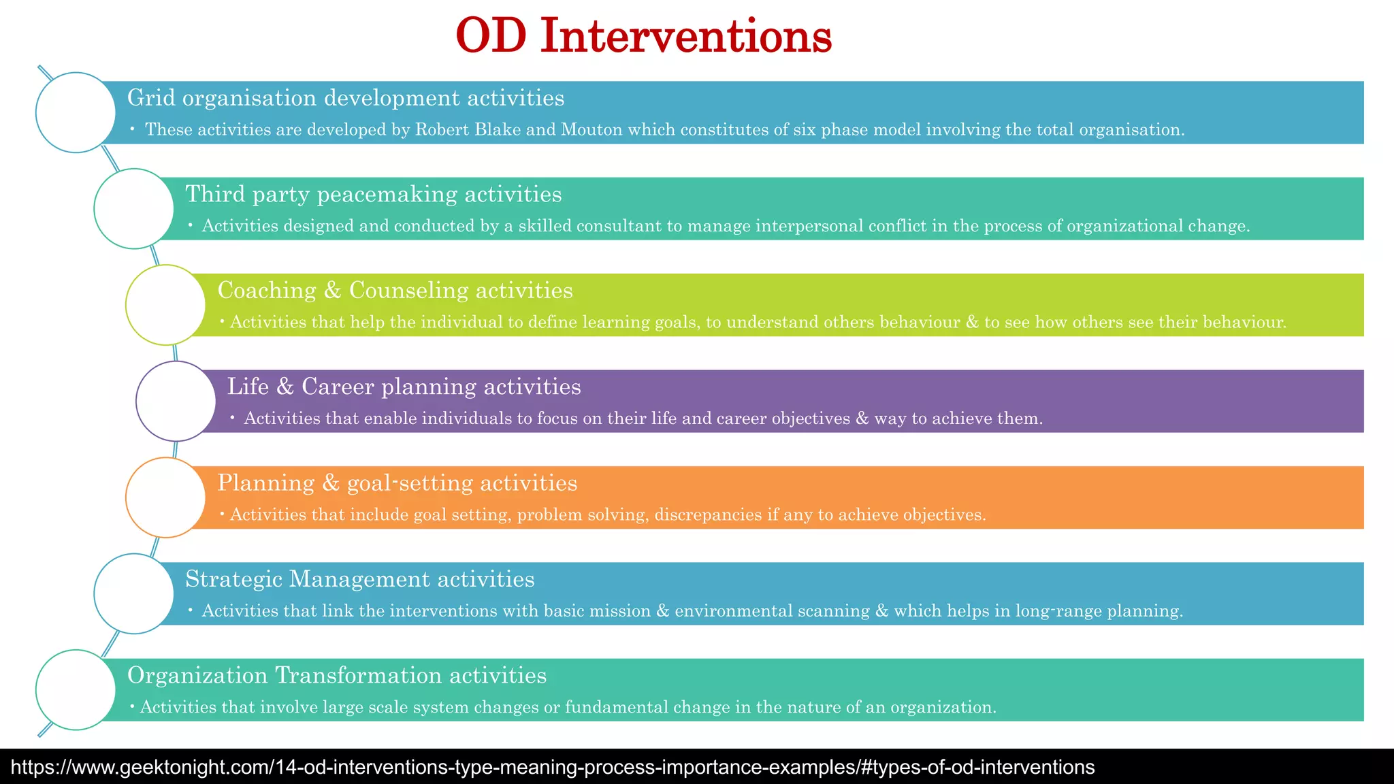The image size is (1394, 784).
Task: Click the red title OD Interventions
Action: pos(643,36)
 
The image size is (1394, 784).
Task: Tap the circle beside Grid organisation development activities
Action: pos(76,112)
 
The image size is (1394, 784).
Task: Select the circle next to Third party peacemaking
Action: pos(134,208)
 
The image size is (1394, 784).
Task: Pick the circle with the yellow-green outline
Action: pos(165,305)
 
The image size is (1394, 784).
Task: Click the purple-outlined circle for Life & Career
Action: pos(176,401)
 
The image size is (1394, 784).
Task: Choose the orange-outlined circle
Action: pos(165,497)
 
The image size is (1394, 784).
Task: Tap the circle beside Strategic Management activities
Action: pos(134,593)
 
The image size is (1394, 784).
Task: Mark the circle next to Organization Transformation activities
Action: pos(76,689)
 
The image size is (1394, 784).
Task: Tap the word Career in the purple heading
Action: pos(338,387)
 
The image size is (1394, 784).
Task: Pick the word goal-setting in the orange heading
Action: pos(410,483)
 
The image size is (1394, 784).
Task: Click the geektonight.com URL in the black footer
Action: pos(552,768)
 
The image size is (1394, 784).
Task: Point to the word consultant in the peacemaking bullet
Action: pos(619,226)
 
